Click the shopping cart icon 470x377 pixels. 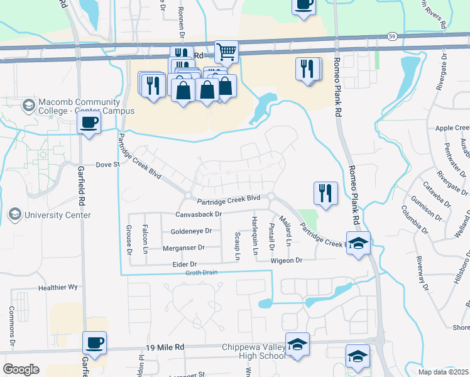click(226, 52)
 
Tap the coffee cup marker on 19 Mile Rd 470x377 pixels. click(95, 344)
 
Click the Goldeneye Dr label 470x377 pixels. click(191, 231)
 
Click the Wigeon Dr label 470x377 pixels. click(287, 260)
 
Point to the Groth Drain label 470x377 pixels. click(201, 272)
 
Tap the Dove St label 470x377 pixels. click(107, 165)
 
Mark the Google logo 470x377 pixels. click(21, 369)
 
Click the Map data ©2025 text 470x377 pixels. click(443, 372)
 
